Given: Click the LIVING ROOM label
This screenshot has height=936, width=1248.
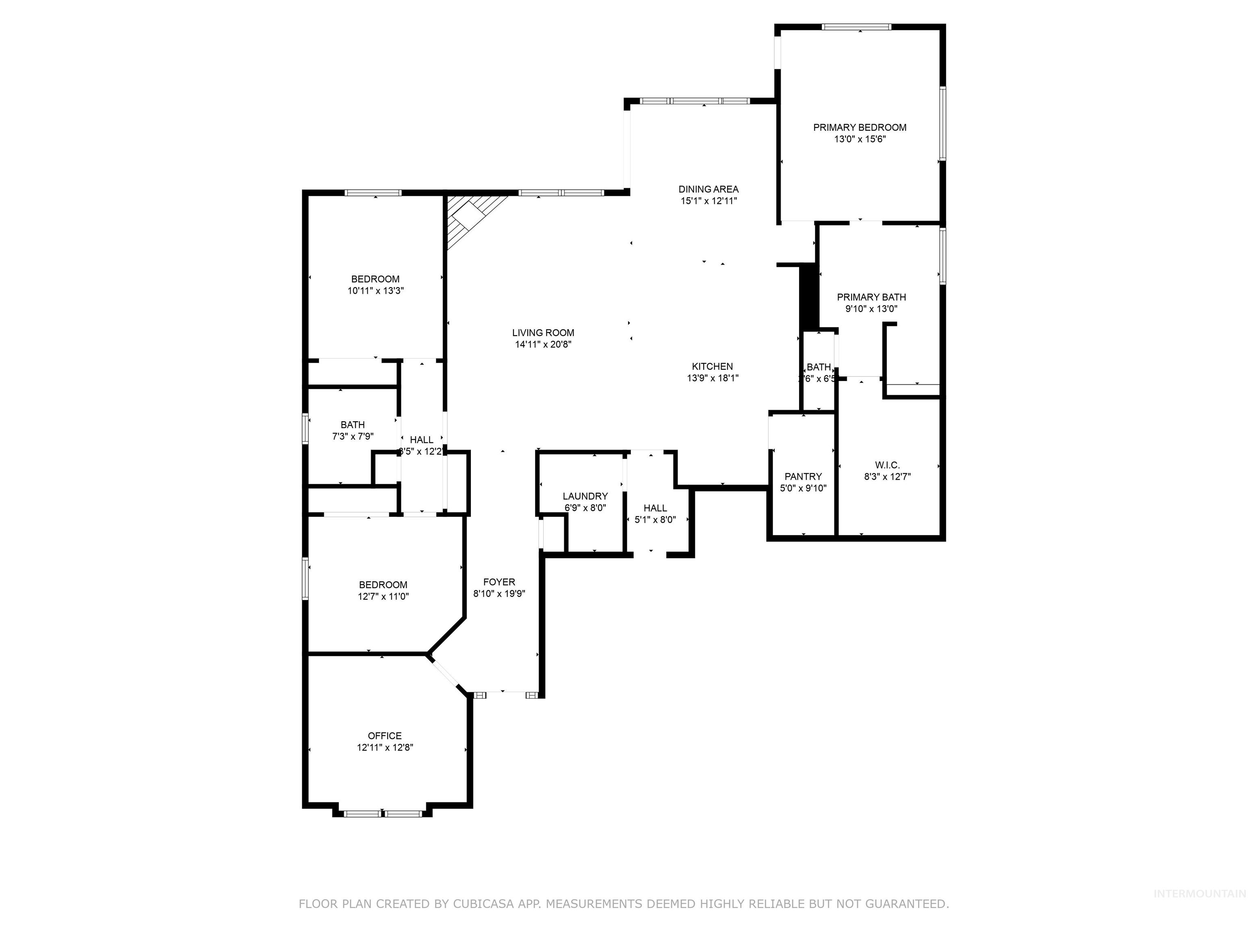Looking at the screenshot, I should pyautogui.click(x=543, y=333).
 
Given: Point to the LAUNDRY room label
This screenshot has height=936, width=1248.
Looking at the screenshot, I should pyautogui.click(x=585, y=496).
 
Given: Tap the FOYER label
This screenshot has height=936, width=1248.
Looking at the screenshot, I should pyautogui.click(x=499, y=582).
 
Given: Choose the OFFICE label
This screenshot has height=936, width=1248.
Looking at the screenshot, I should pyautogui.click(x=385, y=736).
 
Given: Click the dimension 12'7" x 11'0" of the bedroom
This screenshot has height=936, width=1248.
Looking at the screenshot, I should pyautogui.click(x=383, y=596).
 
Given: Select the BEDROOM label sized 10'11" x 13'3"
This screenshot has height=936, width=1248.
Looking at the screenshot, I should pyautogui.click(x=375, y=279).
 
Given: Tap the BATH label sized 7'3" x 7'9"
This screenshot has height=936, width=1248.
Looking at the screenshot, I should pyautogui.click(x=353, y=425).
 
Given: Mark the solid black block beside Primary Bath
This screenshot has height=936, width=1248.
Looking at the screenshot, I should pyautogui.click(x=810, y=296).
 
